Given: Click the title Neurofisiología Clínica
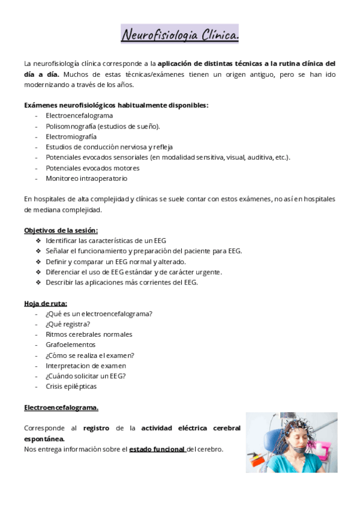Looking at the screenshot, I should click(180, 35).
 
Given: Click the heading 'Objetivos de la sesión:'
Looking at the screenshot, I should click(61, 230).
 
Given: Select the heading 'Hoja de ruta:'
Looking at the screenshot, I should click(46, 303).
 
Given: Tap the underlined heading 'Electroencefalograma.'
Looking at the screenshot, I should click(61, 408).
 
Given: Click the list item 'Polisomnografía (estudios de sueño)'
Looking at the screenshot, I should click(103, 126).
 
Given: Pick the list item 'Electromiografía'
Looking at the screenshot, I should click(71, 136).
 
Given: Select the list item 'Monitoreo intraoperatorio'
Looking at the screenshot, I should click(86, 178).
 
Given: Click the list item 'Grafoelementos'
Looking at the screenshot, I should click(70, 345).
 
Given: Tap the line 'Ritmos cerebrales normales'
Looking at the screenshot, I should click(89, 334).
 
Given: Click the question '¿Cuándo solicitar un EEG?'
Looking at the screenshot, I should click(86, 376).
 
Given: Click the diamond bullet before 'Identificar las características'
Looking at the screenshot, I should click(38, 241).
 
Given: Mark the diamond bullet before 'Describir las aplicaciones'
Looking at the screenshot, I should click(38, 282).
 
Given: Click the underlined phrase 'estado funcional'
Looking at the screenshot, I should click(157, 449).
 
